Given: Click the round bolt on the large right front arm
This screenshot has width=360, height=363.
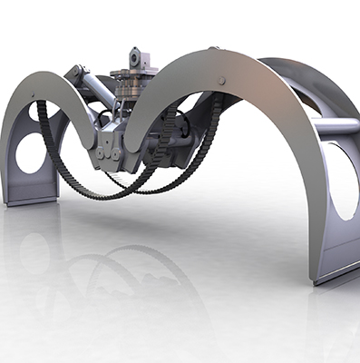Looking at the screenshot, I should click(x=222, y=81).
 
